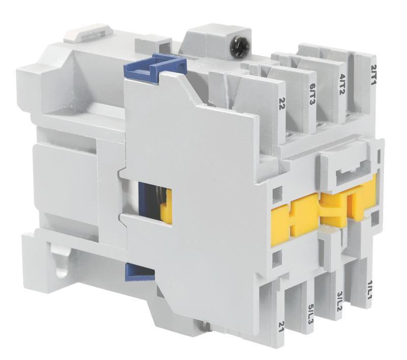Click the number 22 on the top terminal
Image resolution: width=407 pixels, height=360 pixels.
point(281,103)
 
